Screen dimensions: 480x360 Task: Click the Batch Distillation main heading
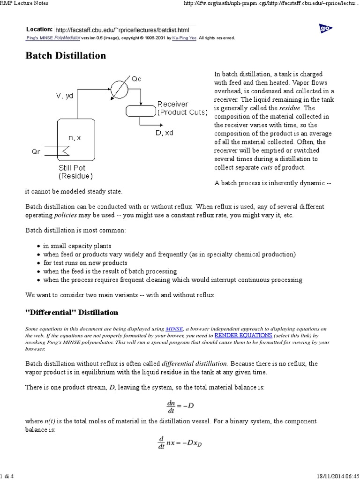[65, 56]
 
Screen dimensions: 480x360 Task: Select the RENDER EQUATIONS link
[243, 336]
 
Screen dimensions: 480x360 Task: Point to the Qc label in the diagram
[136, 79]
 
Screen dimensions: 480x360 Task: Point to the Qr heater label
[37, 152]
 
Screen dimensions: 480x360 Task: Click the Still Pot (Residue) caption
[75, 172]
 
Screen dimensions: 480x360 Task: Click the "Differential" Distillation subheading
[71, 312]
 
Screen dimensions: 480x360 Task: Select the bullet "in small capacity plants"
[77, 246]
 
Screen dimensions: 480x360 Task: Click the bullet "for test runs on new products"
[86, 262]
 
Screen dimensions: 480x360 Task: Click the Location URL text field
[125, 29]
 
